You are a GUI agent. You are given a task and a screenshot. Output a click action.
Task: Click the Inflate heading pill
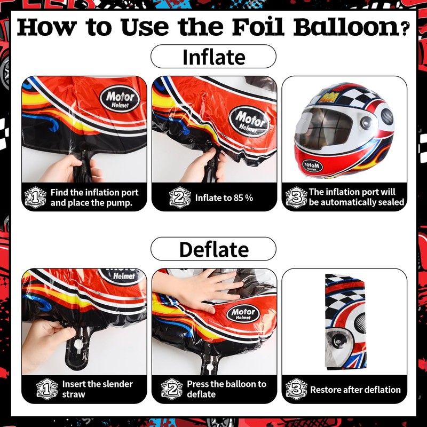(213, 57)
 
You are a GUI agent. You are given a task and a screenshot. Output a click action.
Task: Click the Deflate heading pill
(213, 249)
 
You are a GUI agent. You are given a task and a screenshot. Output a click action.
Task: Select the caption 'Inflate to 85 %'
(224, 198)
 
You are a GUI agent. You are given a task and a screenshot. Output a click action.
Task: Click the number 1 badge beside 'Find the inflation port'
(36, 197)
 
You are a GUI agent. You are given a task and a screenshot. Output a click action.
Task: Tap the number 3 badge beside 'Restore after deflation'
(296, 389)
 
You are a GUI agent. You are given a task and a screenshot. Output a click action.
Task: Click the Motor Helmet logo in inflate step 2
(248, 118)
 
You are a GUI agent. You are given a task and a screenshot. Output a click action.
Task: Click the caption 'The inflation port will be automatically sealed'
(356, 197)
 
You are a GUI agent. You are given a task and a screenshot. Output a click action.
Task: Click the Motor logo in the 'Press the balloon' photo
(243, 313)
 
